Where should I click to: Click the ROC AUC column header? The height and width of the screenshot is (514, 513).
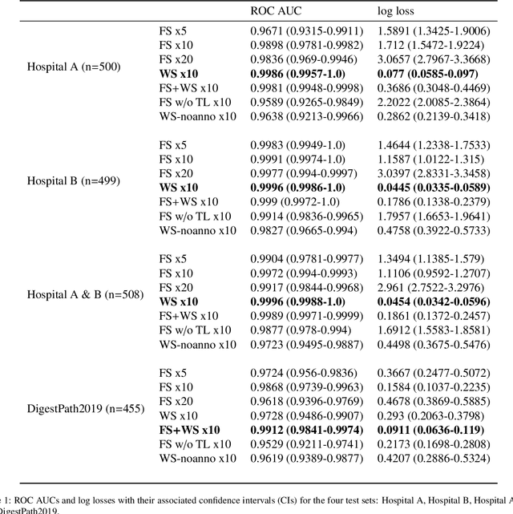[274, 12]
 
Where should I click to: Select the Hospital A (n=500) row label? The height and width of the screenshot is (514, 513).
[75, 67]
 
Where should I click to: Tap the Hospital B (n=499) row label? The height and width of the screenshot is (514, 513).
[75, 180]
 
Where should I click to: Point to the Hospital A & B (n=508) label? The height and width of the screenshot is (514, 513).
[85, 294]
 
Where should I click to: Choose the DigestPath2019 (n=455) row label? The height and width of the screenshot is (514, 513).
[85, 408]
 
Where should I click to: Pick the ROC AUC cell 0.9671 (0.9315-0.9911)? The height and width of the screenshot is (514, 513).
[301, 30]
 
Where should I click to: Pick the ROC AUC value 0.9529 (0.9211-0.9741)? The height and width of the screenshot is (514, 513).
[301, 444]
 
